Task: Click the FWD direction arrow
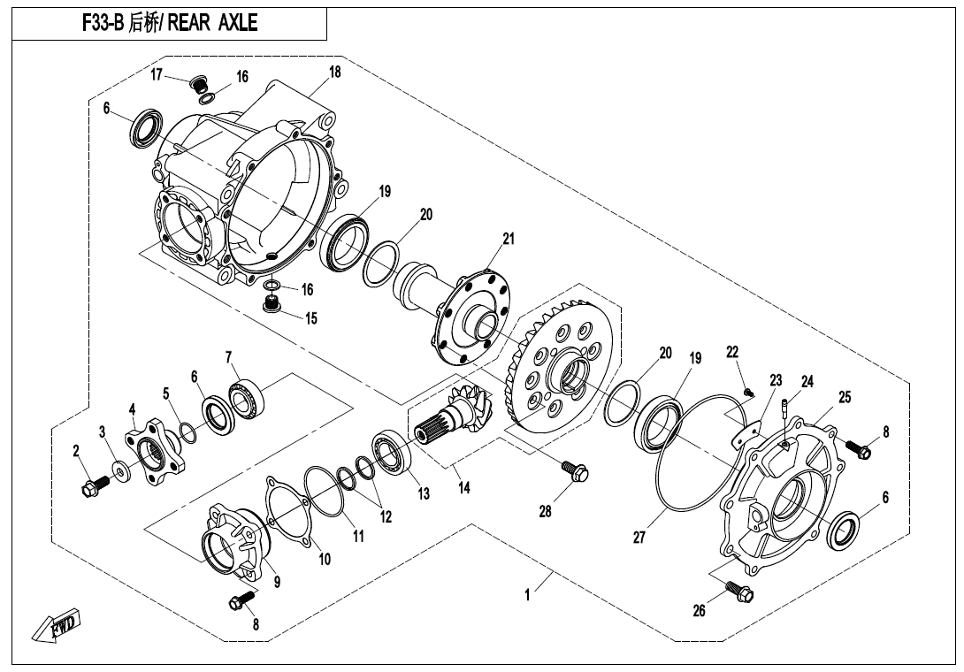coord(55,628)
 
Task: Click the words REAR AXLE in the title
coord(212,23)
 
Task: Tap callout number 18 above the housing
coord(334,72)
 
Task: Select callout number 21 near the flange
coord(509,239)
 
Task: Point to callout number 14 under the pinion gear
coord(464,487)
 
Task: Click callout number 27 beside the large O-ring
coord(639,538)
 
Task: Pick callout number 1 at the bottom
coord(527,595)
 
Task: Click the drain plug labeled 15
coord(272,304)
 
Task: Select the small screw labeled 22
coord(748,392)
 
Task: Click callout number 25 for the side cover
coord(845,397)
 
